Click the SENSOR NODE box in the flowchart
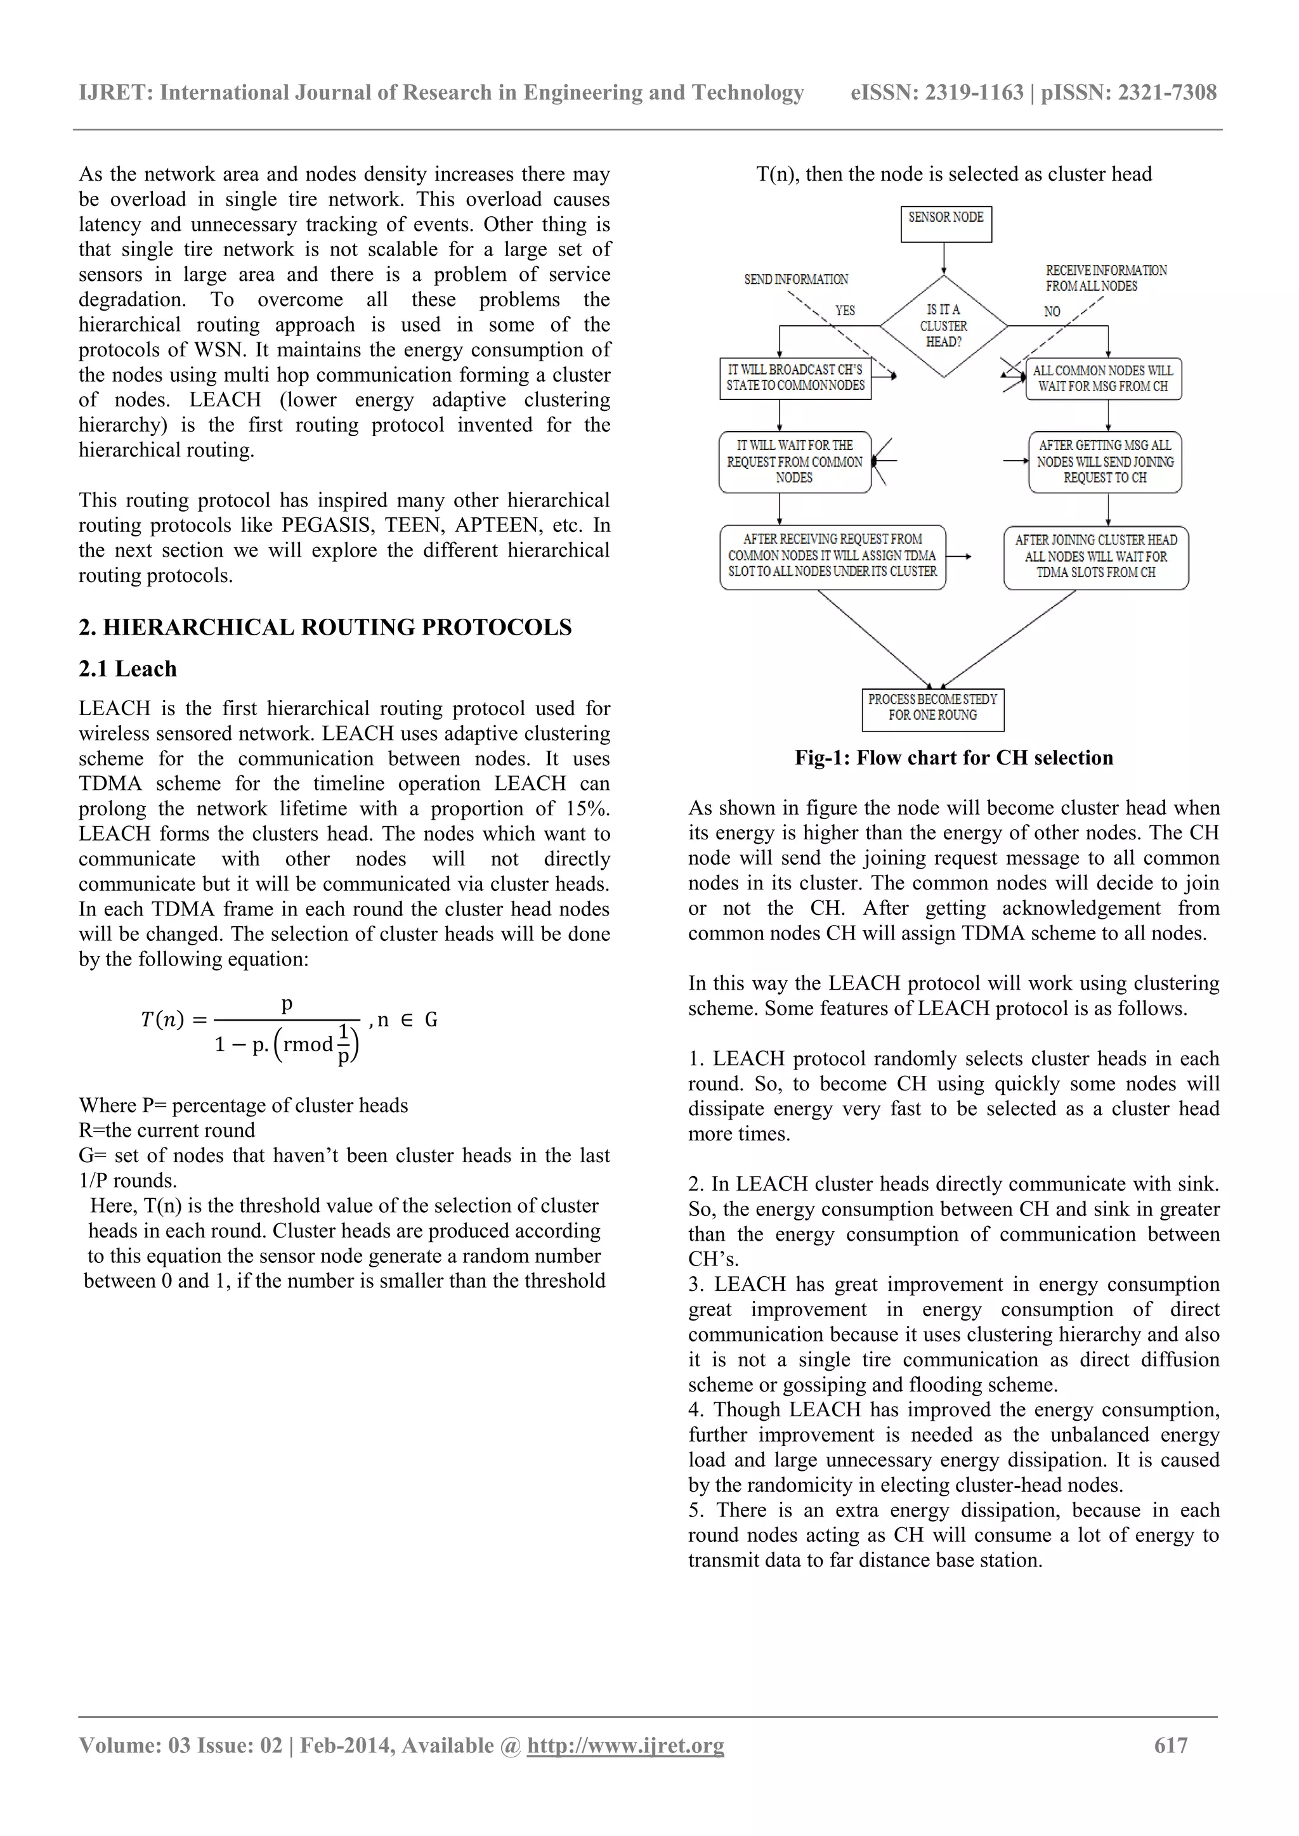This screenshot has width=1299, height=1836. tap(946, 223)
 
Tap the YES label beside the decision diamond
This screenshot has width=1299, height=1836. tap(845, 310)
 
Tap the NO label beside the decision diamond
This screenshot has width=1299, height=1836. tap(1052, 311)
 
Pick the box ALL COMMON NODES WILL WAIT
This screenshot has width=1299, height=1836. tap(1103, 378)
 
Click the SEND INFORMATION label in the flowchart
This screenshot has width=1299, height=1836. tap(796, 279)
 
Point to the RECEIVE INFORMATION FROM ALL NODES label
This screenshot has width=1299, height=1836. tap(1106, 278)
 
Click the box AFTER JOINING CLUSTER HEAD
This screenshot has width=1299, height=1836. tap(1096, 557)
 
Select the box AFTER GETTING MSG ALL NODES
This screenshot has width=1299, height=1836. tap(1105, 462)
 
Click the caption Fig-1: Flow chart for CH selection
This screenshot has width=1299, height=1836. tap(953, 758)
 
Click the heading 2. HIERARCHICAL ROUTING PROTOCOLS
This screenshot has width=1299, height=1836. tap(325, 628)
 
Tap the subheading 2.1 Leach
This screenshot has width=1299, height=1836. tap(127, 669)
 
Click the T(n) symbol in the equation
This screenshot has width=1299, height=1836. tap(162, 1019)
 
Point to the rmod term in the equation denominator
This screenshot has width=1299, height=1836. tap(308, 1044)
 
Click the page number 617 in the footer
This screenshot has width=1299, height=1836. tap(1170, 1745)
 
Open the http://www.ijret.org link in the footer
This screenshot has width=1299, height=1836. tap(625, 1745)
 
